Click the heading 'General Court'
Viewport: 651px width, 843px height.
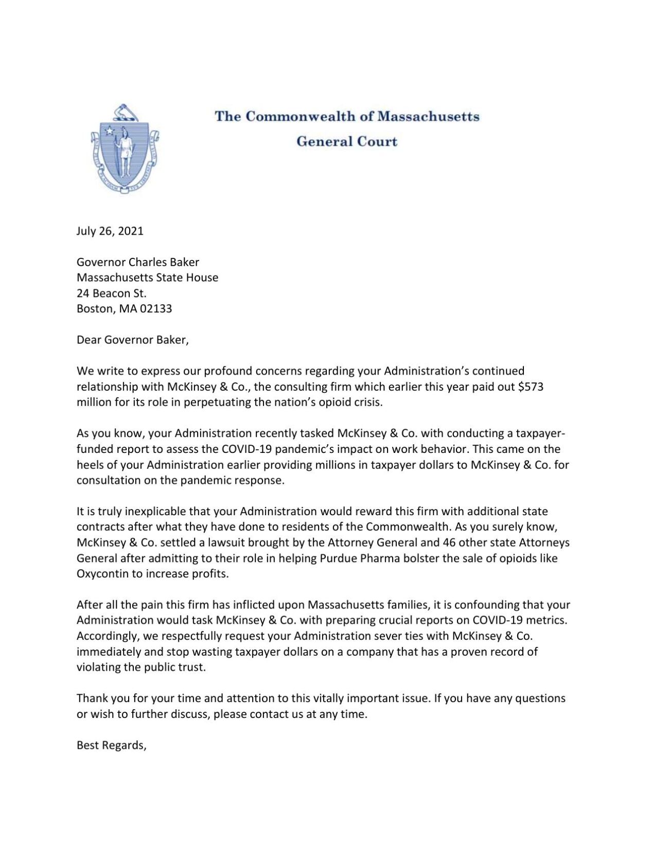coord(347,142)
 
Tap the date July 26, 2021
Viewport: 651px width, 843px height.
coord(110,231)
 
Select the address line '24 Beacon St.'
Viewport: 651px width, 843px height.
coord(112,293)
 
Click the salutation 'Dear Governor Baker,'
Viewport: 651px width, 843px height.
coord(133,340)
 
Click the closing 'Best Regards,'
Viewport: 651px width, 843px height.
coord(112,745)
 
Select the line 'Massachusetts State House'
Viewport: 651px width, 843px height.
coord(147,278)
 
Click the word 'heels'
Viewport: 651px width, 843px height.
coord(91,465)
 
